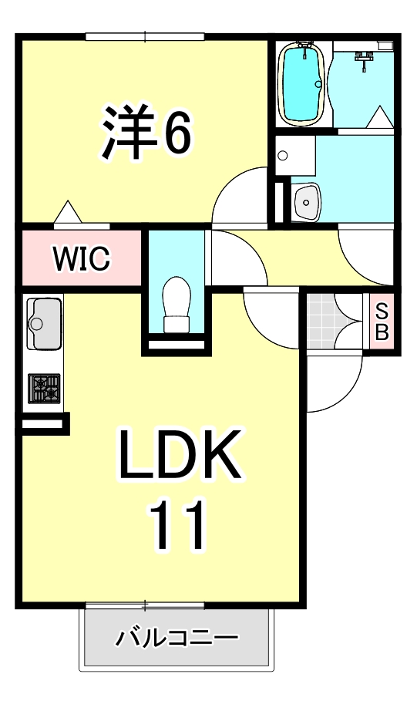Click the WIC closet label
(82, 258)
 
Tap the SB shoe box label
(382, 322)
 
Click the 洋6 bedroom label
(146, 132)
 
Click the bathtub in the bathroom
(301, 83)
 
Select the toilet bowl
(176, 305)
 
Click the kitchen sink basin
(44, 324)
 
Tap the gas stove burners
(44, 389)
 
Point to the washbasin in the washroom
(306, 202)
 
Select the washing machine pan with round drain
(295, 156)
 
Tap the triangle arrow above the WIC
(68, 211)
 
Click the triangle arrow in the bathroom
(380, 116)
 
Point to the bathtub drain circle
(318, 83)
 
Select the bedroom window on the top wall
(145, 37)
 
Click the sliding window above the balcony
(145, 606)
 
